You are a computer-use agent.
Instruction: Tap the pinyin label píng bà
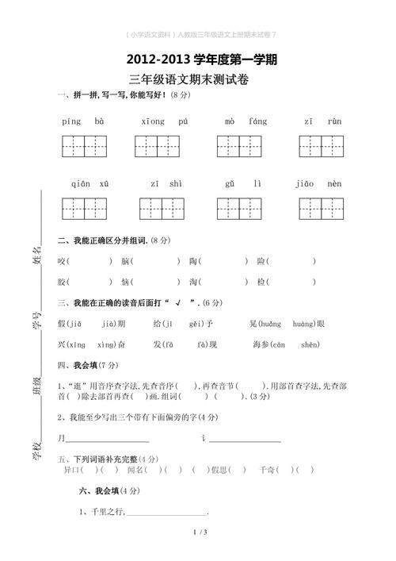[82, 121]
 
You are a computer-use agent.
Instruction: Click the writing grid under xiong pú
[158, 147]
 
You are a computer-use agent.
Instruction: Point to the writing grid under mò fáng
[239, 147]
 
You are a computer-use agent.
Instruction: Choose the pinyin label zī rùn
[322, 121]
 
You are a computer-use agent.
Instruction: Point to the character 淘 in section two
[194, 281]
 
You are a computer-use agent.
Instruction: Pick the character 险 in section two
[262, 260]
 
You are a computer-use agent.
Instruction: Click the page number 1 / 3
[199, 531]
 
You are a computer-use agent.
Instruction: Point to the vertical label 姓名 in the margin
[36, 259]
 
